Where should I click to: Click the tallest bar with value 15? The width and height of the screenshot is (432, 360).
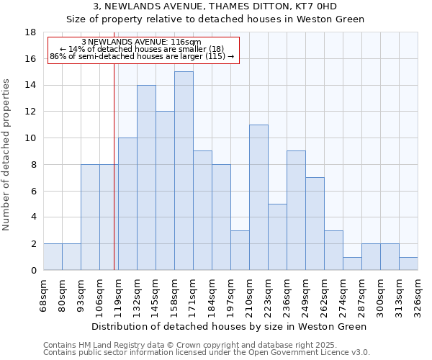184,171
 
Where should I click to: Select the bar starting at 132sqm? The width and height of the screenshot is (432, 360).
146,177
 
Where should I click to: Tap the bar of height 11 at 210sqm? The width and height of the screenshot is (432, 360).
258,197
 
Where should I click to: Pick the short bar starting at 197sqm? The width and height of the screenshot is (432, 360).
240,250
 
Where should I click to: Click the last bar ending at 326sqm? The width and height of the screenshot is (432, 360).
408,264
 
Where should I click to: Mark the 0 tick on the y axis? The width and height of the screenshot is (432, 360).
33,271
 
